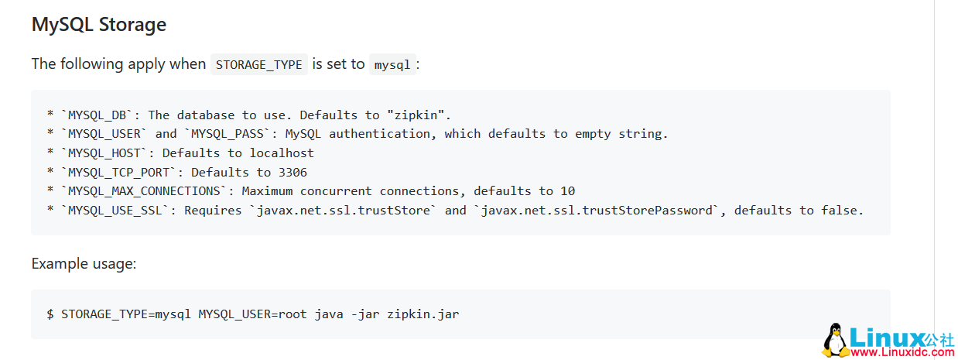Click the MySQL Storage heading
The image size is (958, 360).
pyautogui.click(x=98, y=25)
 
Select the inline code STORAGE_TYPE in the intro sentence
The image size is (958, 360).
pyautogui.click(x=258, y=64)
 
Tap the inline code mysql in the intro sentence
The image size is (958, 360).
pyautogui.click(x=392, y=64)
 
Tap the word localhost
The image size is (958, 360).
pyautogui.click(x=282, y=153)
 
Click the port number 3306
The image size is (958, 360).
pyautogui.click(x=293, y=172)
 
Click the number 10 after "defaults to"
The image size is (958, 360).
pyautogui.click(x=568, y=191)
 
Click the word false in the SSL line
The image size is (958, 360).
pyautogui.click(x=841, y=210)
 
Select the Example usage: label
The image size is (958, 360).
pyautogui.click(x=84, y=264)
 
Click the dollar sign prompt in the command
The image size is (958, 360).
pyautogui.click(x=50, y=314)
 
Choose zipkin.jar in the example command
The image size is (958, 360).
pyautogui.click(x=423, y=314)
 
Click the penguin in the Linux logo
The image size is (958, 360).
pyautogui.click(x=834, y=341)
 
